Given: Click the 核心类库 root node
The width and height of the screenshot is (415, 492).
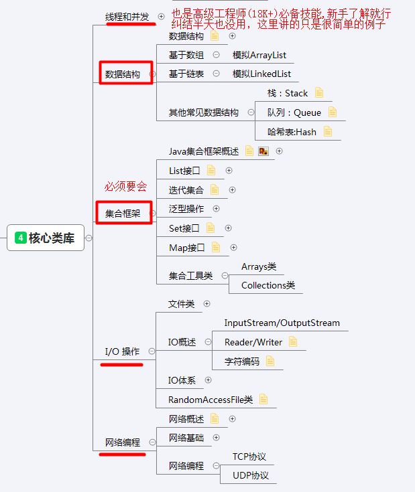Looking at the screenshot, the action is click(45, 238).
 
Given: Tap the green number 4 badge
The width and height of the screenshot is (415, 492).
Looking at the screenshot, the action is click(21, 238).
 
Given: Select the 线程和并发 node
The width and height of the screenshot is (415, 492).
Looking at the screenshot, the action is click(127, 16).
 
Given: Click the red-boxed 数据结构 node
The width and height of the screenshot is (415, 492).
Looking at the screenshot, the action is click(123, 74).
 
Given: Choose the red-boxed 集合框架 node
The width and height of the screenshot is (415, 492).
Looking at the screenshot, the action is click(123, 214).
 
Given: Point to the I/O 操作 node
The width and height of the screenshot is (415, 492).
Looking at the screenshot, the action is click(122, 351).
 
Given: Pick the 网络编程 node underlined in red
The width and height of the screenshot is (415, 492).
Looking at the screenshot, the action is click(123, 442).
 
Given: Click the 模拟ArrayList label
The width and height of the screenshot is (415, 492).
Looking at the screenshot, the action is click(259, 55).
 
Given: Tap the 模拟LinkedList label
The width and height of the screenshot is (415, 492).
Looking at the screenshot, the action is click(261, 74).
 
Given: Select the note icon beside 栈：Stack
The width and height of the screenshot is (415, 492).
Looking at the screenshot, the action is click(319, 93).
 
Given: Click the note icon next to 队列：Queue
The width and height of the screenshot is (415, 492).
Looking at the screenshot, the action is click(333, 112).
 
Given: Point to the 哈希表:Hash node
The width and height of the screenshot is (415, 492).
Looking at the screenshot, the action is click(292, 132).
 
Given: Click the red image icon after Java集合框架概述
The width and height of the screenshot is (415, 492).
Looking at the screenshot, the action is click(263, 151).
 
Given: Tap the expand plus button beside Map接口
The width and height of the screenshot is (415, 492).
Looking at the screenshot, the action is click(234, 248).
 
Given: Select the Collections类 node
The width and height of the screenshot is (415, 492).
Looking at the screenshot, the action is click(268, 285).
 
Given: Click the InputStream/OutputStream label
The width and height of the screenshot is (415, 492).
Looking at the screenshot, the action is click(282, 323).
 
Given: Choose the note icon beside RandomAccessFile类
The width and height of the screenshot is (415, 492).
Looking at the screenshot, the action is click(263, 400).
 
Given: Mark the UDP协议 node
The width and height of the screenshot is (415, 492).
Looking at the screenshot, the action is click(251, 475).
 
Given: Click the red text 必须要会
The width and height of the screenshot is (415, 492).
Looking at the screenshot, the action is click(125, 187).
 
